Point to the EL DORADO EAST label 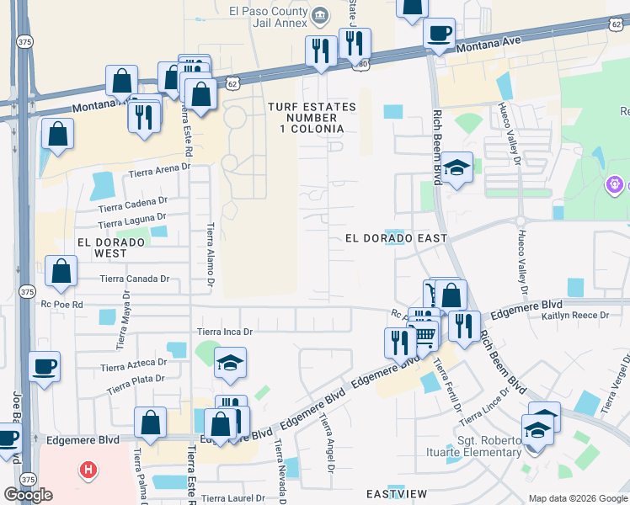396,238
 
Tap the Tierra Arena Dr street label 160,172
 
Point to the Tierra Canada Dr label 135,279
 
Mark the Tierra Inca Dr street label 225,332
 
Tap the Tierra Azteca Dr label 133,364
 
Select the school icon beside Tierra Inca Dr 230,364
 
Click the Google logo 28,494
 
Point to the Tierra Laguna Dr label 131,222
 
